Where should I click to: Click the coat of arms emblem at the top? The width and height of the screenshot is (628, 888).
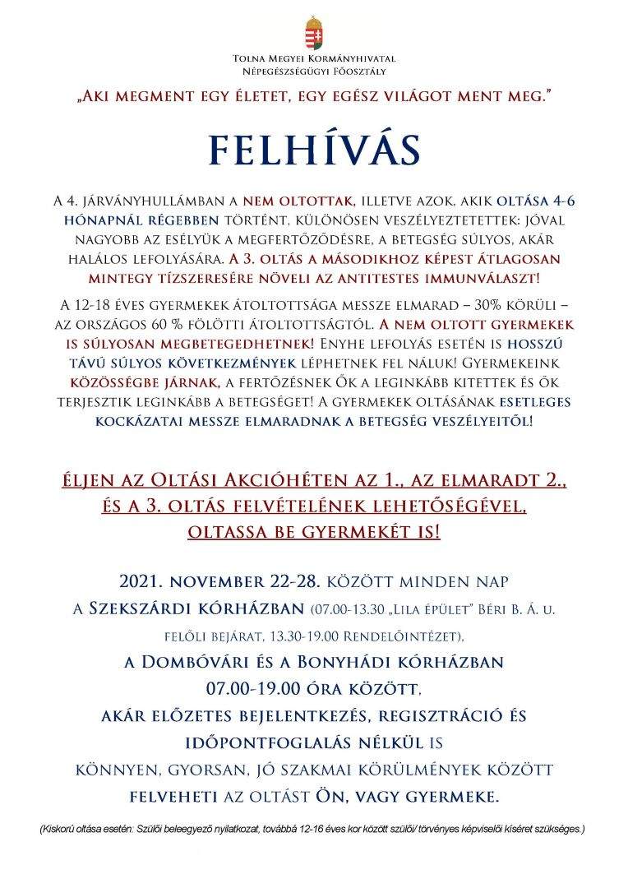[x=313, y=33]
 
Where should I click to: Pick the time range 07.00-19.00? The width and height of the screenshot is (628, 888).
[x=256, y=688]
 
